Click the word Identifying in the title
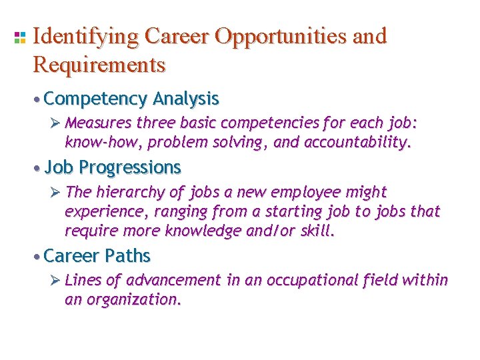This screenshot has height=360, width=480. tap(85, 37)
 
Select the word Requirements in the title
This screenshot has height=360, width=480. tap(98, 65)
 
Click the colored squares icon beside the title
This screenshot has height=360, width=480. tap(19, 37)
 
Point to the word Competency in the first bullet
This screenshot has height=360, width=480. tap(95, 99)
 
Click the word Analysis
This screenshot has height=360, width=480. tap(186, 99)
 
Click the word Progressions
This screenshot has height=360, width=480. tap(130, 167)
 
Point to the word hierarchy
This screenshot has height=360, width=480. tap(129, 192)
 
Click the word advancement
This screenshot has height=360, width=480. tap(172, 281)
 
